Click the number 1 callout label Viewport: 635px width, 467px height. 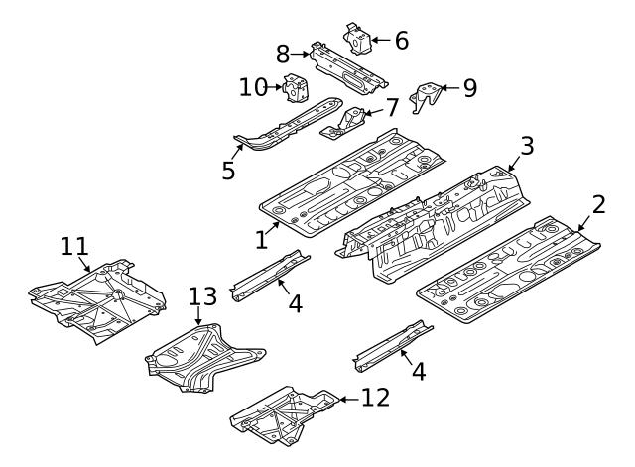tap(261, 239)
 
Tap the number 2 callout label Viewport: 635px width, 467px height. tap(598, 205)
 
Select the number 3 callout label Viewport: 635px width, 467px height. tap(527, 146)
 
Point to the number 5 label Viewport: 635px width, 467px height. tap(228, 170)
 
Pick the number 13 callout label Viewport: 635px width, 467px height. tap(201, 296)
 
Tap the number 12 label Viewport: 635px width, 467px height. tap(375, 398)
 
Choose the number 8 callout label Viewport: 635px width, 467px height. tap(283, 54)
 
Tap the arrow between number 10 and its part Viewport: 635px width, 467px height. tap(276, 88)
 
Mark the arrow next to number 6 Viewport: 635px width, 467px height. tap(380, 41)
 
